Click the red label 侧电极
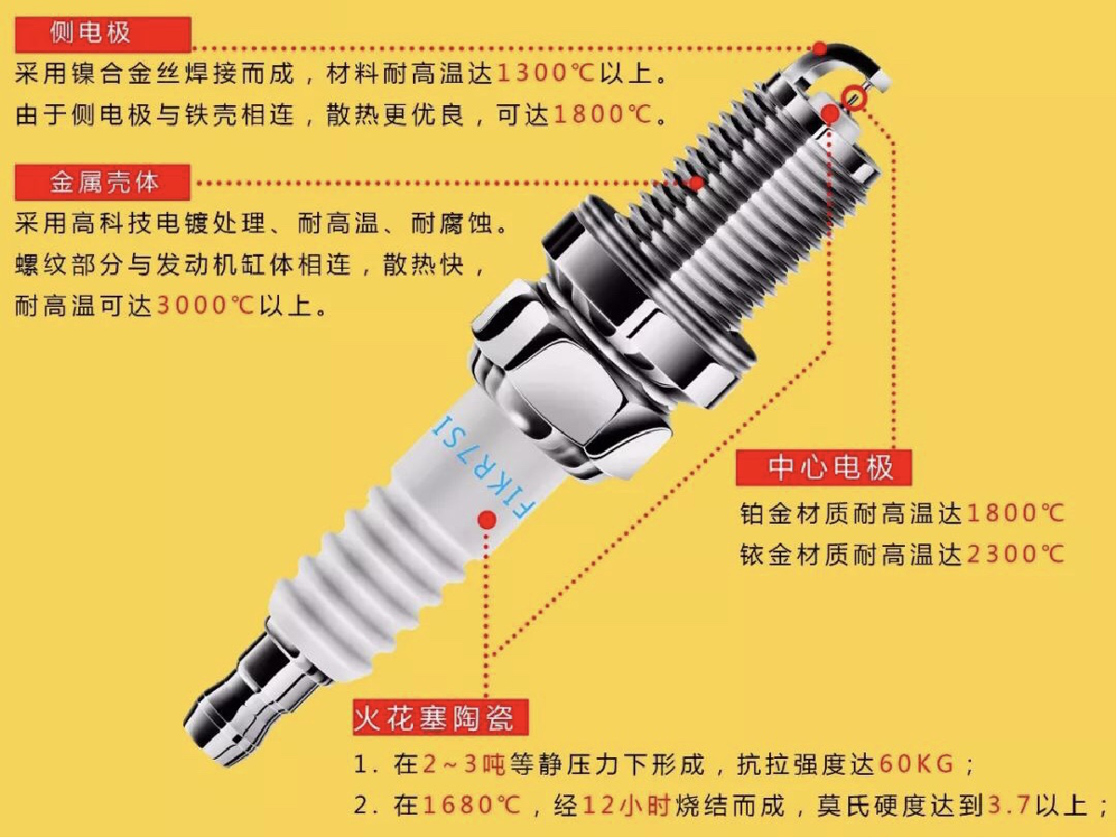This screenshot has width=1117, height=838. [103, 34]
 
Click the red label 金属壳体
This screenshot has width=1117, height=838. [103, 181]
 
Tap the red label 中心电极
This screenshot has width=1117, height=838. [823, 468]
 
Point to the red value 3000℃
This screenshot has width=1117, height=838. [205, 306]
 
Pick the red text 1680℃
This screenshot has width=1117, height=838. [471, 805]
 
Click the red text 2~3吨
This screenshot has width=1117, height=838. [463, 765]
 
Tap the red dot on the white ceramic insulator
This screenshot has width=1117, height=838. [485, 520]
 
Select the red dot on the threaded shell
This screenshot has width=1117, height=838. [695, 183]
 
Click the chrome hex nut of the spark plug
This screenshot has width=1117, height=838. [567, 372]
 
